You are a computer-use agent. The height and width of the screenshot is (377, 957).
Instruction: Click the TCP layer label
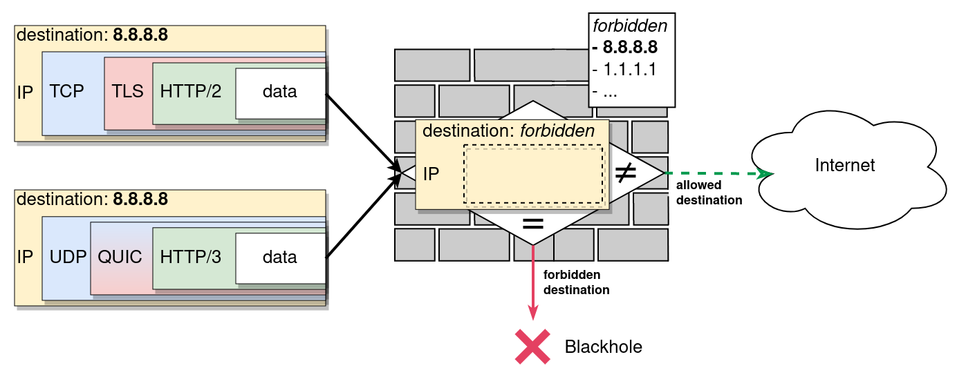point(67,91)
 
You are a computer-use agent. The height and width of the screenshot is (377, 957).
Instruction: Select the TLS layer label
point(127,91)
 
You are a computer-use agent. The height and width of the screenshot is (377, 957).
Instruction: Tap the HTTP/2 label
point(191,91)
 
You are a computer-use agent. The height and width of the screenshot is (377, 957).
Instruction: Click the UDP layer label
point(67,257)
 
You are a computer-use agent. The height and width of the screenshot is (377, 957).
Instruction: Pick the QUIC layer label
point(120,257)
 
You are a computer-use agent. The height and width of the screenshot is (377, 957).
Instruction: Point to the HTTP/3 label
point(191,257)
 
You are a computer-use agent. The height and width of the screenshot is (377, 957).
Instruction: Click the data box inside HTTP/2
point(279,91)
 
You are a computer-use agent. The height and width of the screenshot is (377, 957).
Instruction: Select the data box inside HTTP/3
point(279,257)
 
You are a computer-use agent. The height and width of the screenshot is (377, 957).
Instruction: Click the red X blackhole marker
point(532,346)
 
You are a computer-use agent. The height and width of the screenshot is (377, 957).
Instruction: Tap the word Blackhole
point(604,347)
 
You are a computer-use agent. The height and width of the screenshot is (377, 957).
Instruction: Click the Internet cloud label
point(844,166)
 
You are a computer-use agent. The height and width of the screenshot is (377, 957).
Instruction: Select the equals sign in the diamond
point(532,223)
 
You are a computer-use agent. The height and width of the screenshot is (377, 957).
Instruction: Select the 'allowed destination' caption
point(709,193)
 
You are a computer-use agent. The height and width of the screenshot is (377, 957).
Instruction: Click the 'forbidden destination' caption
point(576,282)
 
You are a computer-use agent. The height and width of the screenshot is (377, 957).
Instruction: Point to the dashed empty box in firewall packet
point(533,175)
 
